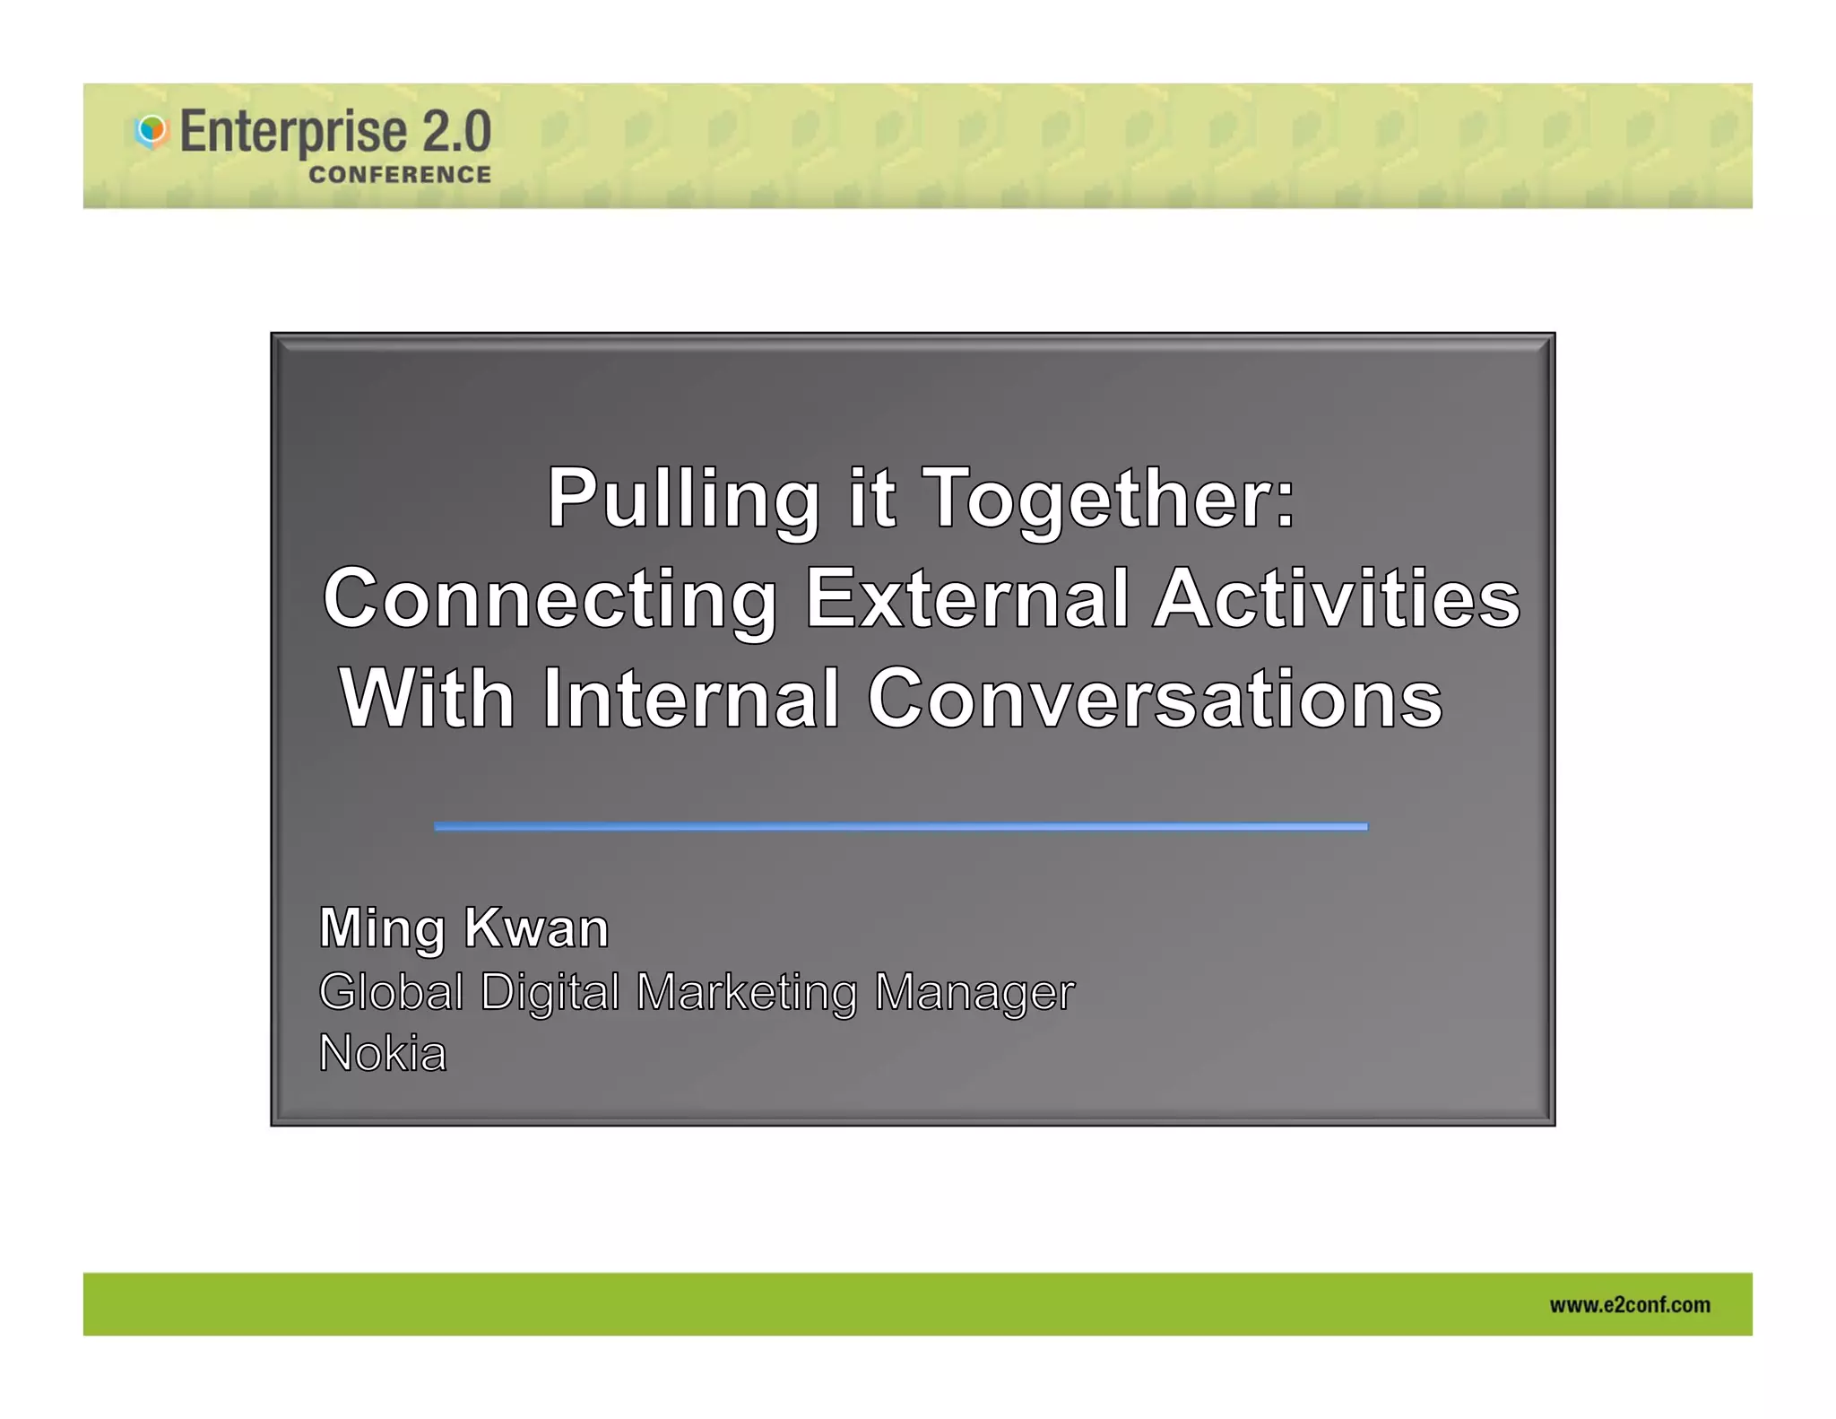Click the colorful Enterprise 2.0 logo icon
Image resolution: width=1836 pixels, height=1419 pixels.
[x=152, y=131]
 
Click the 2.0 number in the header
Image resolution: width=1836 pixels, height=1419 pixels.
[x=456, y=130]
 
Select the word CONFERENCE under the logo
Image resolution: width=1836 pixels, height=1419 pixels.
[x=400, y=175]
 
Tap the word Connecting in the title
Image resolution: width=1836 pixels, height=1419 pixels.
[x=550, y=599]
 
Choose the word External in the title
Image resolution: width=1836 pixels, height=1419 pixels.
[x=966, y=598]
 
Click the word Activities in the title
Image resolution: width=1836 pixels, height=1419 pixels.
[x=1337, y=598]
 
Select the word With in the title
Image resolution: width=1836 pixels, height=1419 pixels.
[x=427, y=699]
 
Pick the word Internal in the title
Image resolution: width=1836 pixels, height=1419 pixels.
[x=691, y=699]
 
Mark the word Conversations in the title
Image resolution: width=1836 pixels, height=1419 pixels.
[x=1155, y=699]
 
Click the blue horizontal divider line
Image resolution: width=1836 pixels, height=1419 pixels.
[x=900, y=826]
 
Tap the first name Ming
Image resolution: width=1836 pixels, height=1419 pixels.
[x=382, y=928]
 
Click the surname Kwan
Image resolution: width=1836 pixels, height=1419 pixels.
[x=536, y=927]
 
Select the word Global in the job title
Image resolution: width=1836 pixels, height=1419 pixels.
[x=391, y=992]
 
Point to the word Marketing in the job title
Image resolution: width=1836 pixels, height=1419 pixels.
[x=746, y=993]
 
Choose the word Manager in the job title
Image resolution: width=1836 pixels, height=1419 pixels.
[x=974, y=993]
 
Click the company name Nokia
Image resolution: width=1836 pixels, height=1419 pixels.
[x=383, y=1053]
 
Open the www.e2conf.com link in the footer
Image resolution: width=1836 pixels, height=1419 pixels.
[x=1629, y=1305]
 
